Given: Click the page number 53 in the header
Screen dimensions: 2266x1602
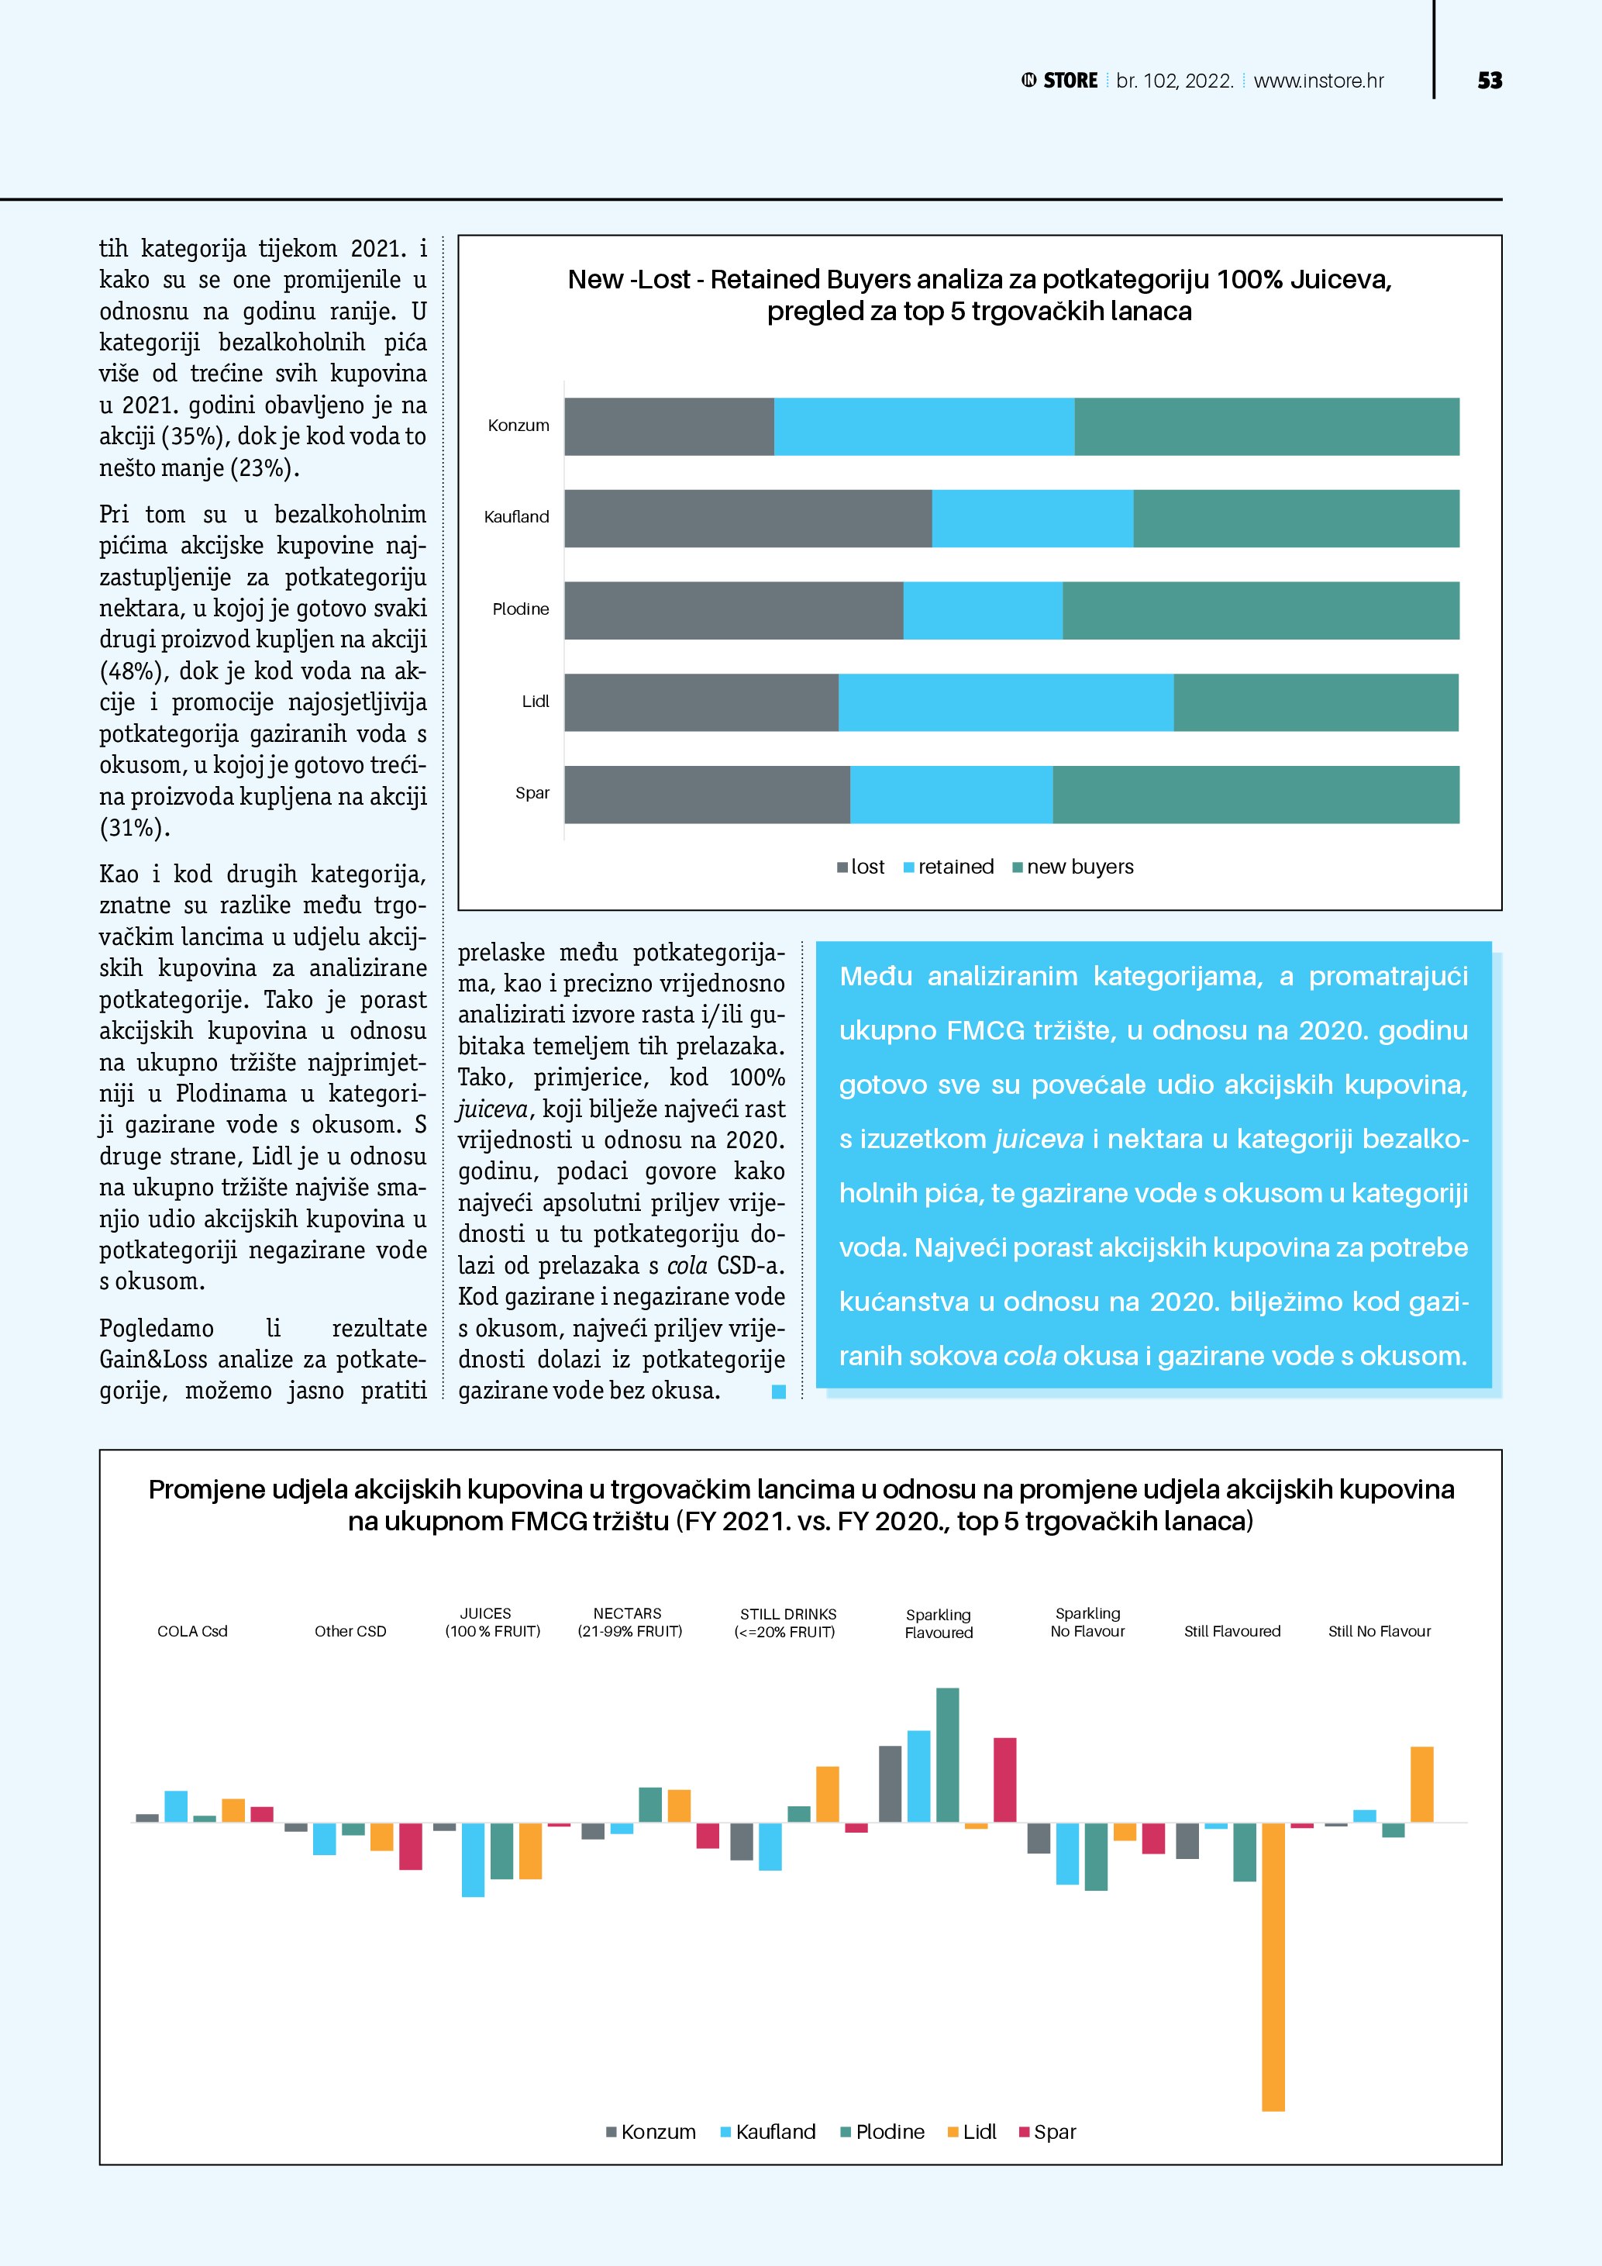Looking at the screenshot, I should (1489, 81).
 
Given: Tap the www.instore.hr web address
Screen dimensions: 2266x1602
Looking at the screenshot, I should (1318, 81).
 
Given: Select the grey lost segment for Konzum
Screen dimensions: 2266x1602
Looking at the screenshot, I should (669, 426).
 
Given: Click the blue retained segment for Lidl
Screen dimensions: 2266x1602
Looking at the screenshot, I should (1005, 702).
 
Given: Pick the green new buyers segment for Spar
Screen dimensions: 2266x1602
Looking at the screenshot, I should (1255, 794).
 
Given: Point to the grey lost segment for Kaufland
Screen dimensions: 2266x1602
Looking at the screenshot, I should (748, 518).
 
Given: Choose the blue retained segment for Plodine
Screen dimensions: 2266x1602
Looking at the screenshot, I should (983, 610).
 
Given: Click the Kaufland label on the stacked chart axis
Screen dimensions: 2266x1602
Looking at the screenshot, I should (516, 517).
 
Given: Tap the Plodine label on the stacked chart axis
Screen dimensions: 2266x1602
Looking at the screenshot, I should (520, 609).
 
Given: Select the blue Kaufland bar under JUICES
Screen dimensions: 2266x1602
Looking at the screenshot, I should (473, 1858).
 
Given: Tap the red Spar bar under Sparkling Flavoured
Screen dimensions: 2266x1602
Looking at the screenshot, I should (1004, 1778).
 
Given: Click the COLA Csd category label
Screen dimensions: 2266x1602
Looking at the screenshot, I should (192, 1631).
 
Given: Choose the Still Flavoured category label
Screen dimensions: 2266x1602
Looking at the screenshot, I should (1232, 1631).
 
